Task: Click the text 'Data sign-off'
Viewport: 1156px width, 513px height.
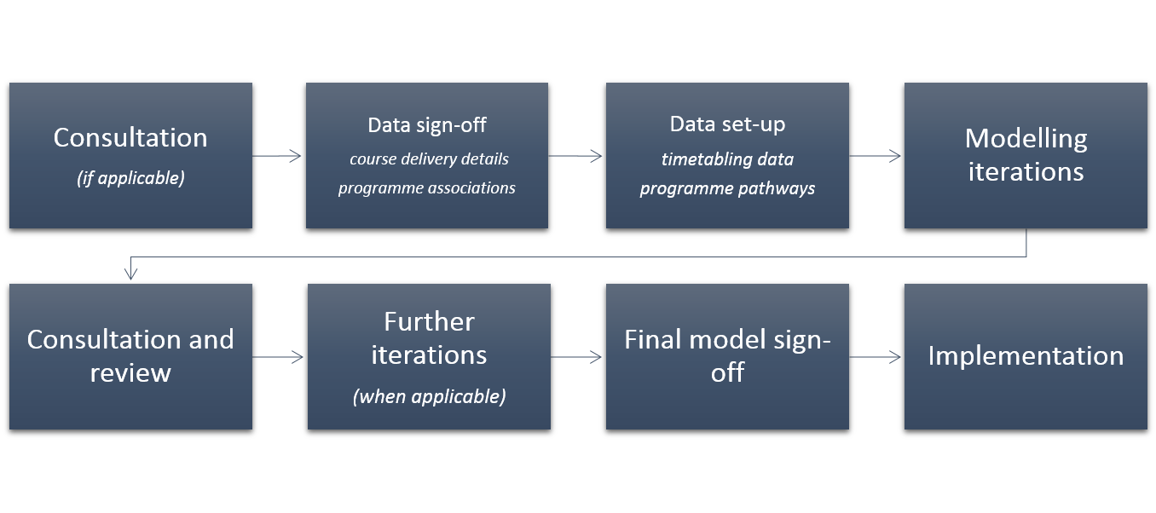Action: coord(427,125)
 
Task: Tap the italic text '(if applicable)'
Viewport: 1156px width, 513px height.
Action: coord(130,178)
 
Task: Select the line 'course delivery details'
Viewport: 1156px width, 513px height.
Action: coord(429,159)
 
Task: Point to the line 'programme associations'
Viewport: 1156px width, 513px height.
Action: coord(427,187)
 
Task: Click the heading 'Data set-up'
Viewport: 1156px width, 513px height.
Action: coord(727,124)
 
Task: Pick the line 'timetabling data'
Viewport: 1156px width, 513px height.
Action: coord(727,159)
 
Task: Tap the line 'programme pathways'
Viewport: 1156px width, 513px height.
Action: coord(727,188)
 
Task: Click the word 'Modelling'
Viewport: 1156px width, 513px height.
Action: coord(1026,140)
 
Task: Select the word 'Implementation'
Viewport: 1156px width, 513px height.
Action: coord(1026,356)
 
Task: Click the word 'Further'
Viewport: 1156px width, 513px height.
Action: coord(429,321)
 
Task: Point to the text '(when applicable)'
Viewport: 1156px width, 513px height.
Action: coord(429,396)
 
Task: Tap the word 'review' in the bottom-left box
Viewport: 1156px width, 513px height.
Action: coord(130,372)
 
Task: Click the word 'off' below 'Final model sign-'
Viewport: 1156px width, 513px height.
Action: coord(727,372)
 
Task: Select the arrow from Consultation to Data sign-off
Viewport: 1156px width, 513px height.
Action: coord(276,156)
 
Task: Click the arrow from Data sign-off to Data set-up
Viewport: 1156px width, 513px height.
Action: coord(575,156)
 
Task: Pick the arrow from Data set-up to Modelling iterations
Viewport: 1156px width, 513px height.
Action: coord(875,156)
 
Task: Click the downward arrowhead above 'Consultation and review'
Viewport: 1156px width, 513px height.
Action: coord(131,273)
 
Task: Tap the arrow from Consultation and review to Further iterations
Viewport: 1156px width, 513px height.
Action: coord(278,357)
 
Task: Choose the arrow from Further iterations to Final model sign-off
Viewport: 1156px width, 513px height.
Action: coord(576,357)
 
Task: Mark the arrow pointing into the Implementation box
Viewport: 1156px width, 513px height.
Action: coord(875,357)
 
